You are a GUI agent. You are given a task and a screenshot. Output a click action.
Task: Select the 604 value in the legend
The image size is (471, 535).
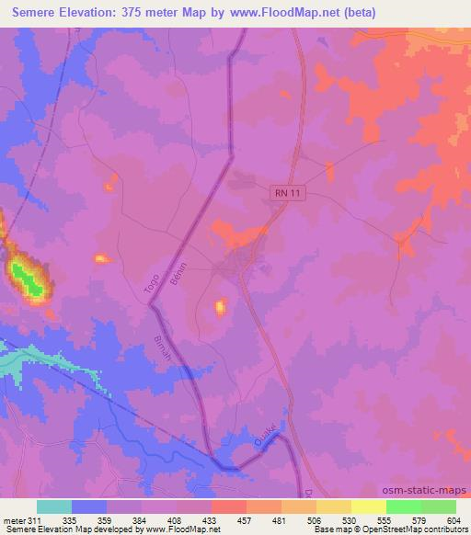454,519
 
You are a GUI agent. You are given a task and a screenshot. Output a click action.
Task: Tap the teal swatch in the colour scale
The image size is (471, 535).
53,507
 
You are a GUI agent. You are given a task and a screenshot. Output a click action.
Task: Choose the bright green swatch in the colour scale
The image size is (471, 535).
403,507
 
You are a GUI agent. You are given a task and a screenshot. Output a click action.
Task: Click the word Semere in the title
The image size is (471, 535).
37,13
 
